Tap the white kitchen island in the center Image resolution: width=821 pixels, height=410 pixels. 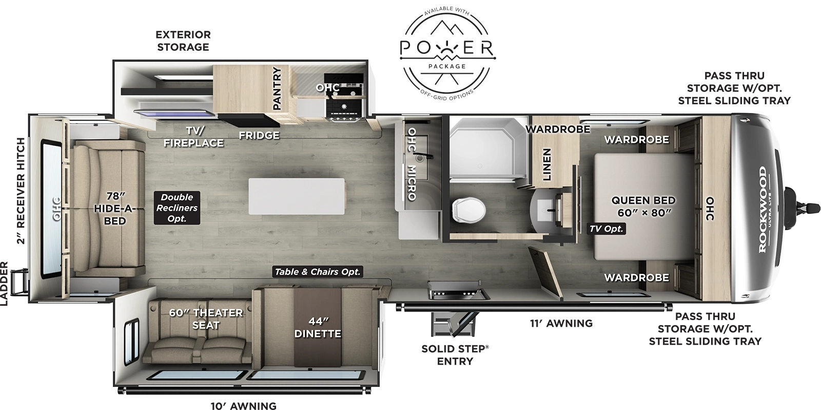click(297, 197)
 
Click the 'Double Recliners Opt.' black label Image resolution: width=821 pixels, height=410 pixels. click(177, 208)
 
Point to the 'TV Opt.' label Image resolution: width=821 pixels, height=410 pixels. click(606, 229)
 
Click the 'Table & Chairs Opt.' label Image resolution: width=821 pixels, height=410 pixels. click(318, 272)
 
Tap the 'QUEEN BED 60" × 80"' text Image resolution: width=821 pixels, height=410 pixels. click(643, 206)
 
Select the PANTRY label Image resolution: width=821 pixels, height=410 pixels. click(277, 88)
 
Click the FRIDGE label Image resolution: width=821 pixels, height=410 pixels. click(259, 135)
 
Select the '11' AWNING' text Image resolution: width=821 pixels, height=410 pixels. click(561, 323)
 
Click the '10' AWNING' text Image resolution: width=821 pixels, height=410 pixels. click(243, 405)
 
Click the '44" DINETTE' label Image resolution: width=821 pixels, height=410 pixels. click(318, 327)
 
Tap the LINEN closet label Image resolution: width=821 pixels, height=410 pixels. click(546, 164)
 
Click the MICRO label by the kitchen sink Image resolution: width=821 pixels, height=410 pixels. click(412, 183)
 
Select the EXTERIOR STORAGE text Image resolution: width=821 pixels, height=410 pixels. click(183, 41)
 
